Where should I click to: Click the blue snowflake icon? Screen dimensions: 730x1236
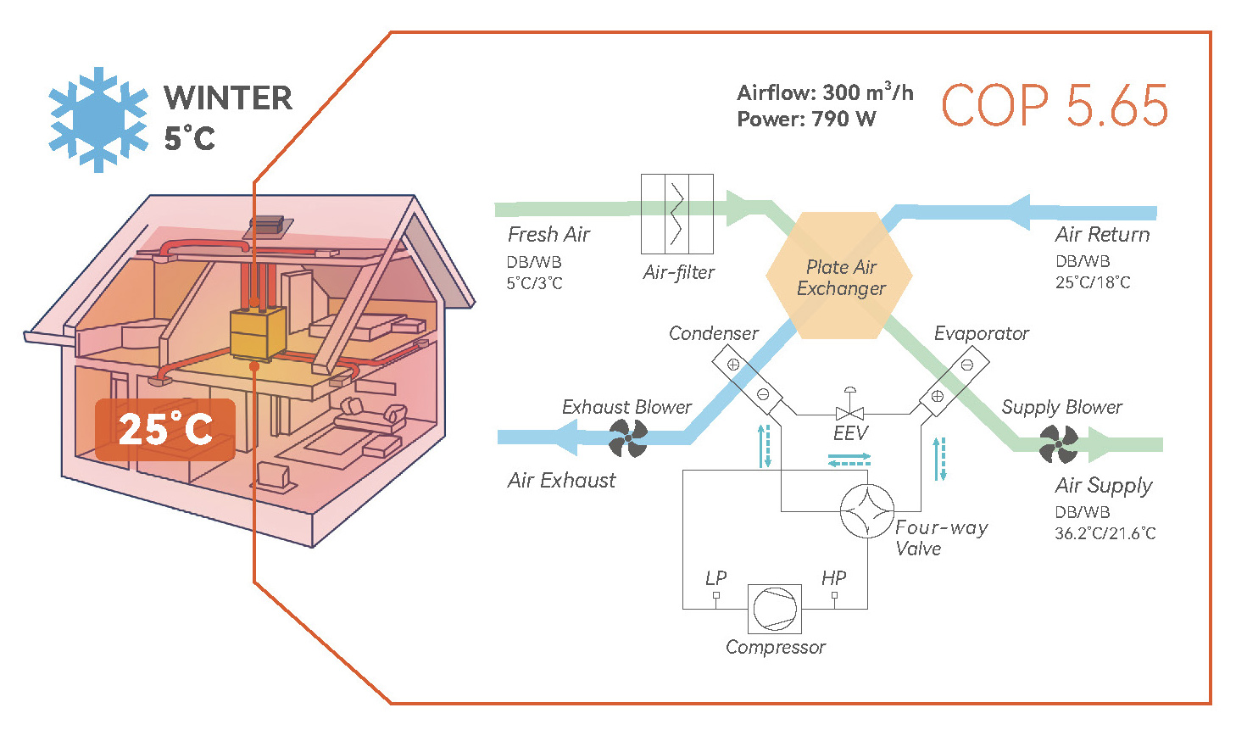[x=98, y=120]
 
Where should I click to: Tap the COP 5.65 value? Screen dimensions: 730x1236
[x=1055, y=107]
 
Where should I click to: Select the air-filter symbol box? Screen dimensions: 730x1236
[x=676, y=214]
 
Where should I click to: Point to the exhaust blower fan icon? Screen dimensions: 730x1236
[x=628, y=438]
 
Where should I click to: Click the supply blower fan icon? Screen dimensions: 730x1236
[x=1059, y=444]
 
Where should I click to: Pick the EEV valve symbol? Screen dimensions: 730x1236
[x=849, y=412]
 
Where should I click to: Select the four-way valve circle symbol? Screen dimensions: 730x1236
[x=866, y=510]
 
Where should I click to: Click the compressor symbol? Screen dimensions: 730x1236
[x=775, y=609]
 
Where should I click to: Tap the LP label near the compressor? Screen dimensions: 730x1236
[x=715, y=578]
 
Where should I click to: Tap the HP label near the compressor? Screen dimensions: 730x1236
[x=833, y=578]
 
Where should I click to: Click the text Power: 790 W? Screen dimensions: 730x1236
[x=805, y=119]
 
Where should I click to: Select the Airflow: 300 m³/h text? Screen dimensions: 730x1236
[x=824, y=92]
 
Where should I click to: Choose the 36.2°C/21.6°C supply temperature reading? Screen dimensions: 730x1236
[x=1105, y=533]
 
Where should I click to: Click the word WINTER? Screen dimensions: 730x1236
[x=228, y=98]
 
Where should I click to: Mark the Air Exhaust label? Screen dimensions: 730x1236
[x=561, y=481]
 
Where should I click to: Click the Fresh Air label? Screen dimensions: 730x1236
[x=548, y=235]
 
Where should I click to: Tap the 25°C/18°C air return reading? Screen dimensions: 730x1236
[x=1092, y=282]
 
